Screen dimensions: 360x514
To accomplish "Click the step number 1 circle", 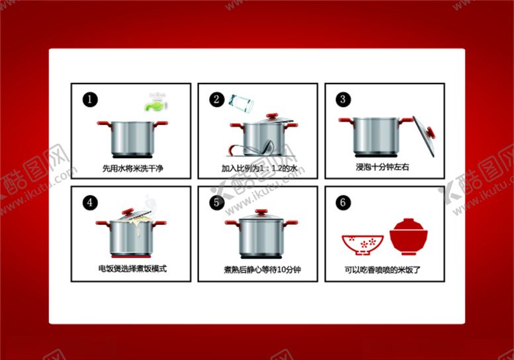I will pyautogui.click(x=90, y=100).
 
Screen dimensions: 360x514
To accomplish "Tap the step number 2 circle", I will pyautogui.click(x=216, y=100).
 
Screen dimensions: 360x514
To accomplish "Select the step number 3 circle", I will pyautogui.click(x=343, y=100).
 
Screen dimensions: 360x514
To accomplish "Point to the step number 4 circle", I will pyautogui.click(x=90, y=202).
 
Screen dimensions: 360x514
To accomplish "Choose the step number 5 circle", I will pyautogui.click(x=216, y=202).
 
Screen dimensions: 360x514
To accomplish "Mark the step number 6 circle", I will pyautogui.click(x=343, y=202).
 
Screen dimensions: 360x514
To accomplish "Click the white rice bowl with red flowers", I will pyautogui.click(x=363, y=244).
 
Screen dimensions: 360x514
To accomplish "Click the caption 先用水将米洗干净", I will pyautogui.click(x=132, y=168).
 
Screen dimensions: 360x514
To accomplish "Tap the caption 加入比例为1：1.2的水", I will pyautogui.click(x=259, y=168).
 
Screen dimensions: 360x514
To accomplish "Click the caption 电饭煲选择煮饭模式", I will pyautogui.click(x=132, y=269).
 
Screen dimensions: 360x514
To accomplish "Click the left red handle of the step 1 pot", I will pyautogui.click(x=103, y=124).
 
